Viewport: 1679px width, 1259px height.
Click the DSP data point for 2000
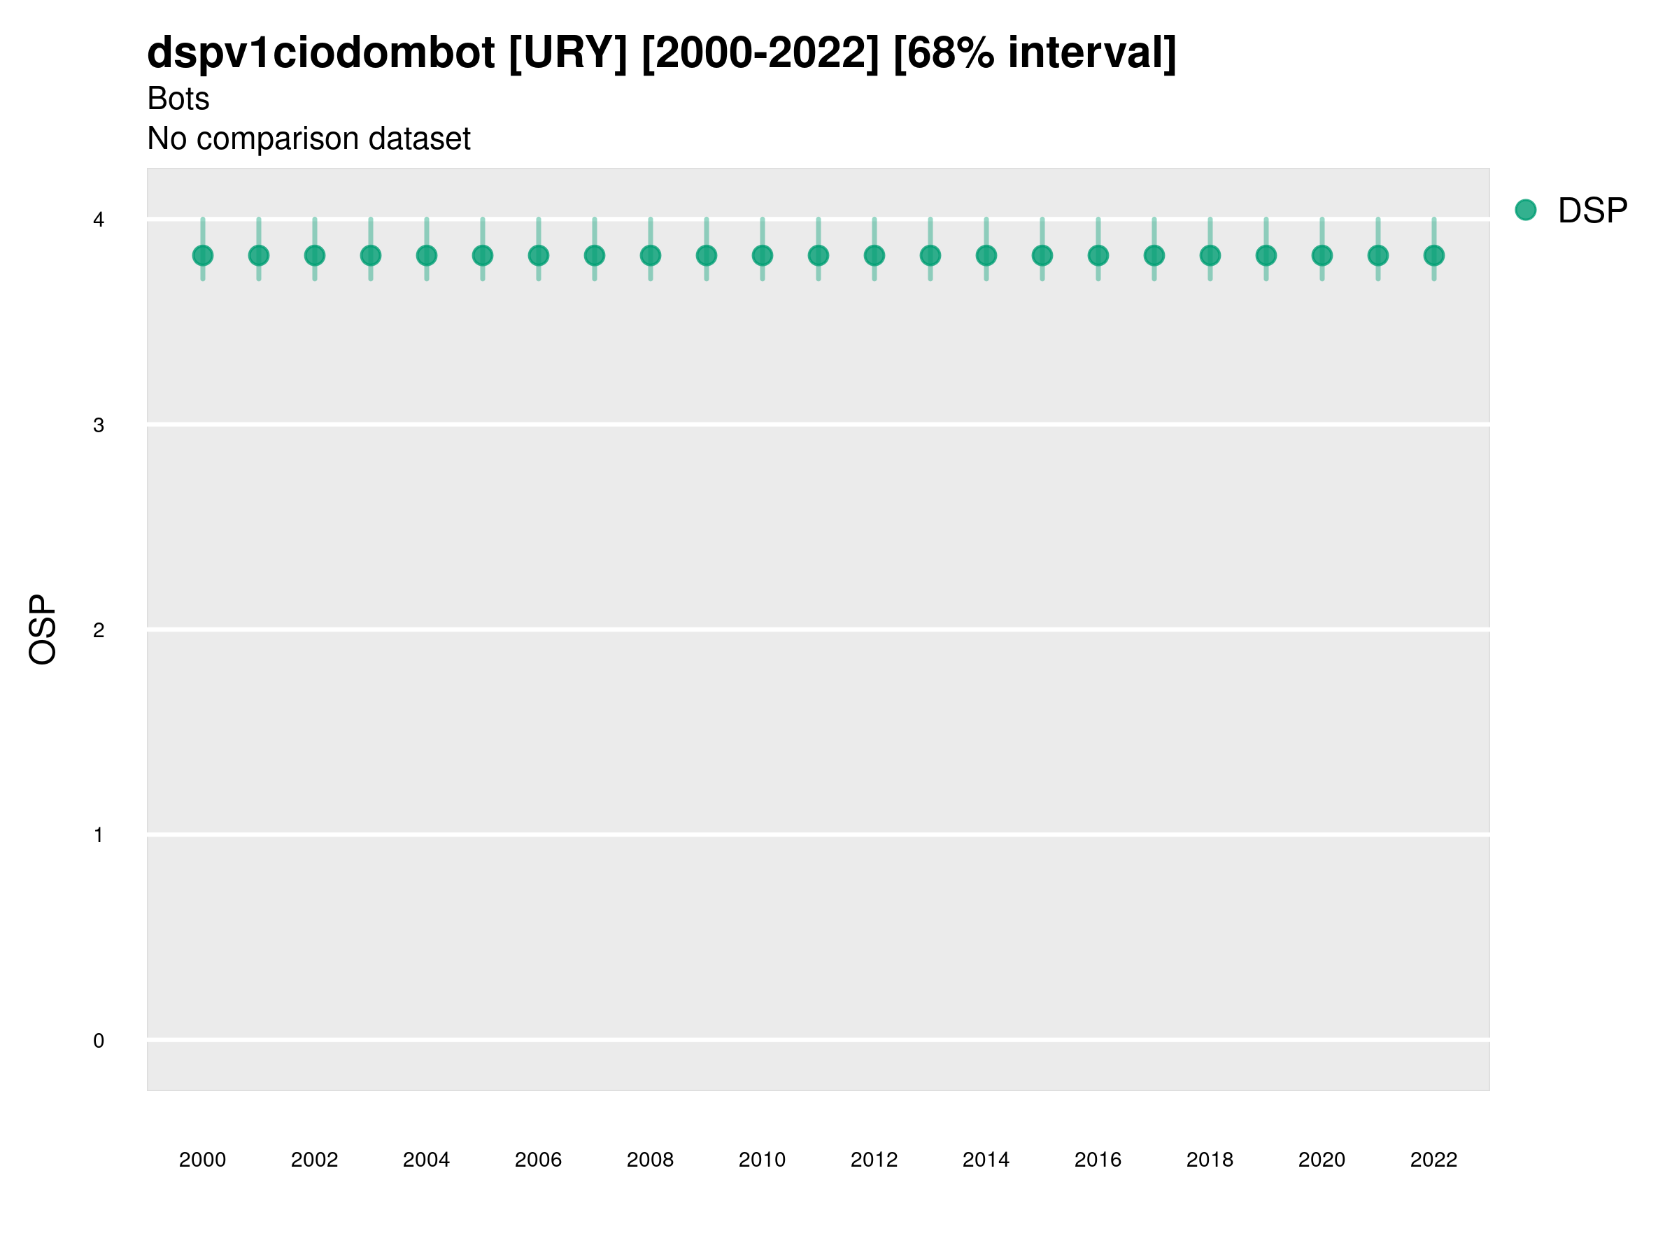click(203, 256)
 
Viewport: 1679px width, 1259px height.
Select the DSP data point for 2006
click(538, 256)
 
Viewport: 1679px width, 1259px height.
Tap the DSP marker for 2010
click(762, 256)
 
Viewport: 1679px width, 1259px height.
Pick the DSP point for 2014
click(986, 256)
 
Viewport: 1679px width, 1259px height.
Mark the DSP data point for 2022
click(1434, 256)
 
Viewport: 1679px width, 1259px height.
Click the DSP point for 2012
click(874, 256)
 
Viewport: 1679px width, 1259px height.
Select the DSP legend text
click(1592, 211)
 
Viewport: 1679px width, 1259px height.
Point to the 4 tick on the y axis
click(99, 220)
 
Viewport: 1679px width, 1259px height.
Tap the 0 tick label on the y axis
click(99, 1041)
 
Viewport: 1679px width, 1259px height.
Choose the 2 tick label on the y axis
click(99, 630)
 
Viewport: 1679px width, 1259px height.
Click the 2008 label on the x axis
click(651, 1160)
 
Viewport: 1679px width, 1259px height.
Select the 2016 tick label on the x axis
click(1098, 1160)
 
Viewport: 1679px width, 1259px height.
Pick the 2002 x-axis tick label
click(314, 1160)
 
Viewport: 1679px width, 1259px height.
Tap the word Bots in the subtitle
click(178, 99)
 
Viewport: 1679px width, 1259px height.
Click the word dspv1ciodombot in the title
click(321, 52)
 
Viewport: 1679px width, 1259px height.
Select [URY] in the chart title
click(569, 52)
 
